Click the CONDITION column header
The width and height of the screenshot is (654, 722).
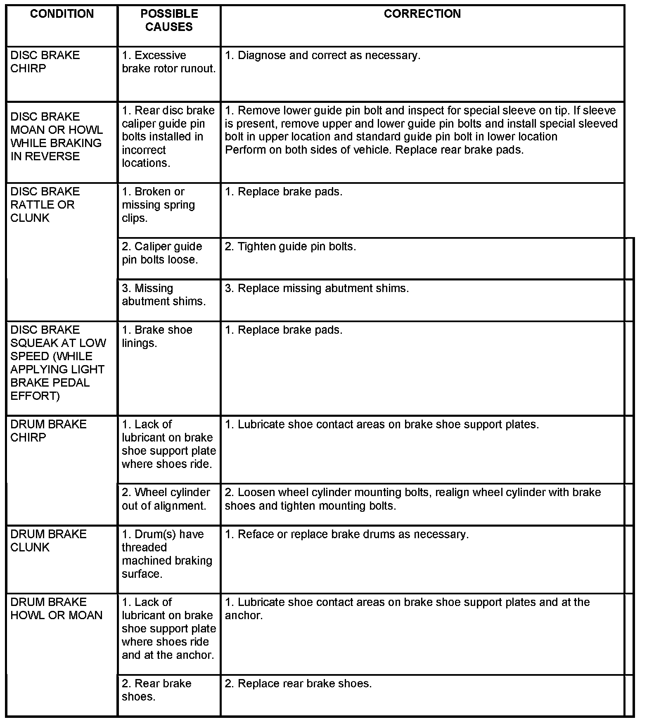coord(62,14)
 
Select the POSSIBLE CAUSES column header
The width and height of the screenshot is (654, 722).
coord(169,20)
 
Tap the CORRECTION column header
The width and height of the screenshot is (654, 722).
coord(422,14)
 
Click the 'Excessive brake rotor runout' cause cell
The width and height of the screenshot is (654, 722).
coord(168,62)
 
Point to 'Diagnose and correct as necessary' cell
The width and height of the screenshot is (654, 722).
coord(322,55)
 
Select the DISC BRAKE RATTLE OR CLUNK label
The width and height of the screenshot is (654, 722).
coord(45,204)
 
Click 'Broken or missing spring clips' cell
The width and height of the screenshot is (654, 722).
coord(158,204)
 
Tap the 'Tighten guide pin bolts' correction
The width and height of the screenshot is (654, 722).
coord(290,247)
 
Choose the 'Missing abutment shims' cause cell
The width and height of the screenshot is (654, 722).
coord(163,294)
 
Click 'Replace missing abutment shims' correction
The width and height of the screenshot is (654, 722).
coord(317,288)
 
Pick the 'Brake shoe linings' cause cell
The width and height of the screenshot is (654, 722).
coord(157,336)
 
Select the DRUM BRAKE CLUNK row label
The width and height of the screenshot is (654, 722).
coord(48,541)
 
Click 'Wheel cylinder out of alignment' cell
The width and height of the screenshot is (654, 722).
coord(166,499)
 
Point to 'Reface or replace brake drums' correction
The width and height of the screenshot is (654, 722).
coord(347,534)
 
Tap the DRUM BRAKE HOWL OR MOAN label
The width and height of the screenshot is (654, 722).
coord(56,608)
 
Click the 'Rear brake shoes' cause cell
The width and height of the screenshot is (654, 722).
coord(156,690)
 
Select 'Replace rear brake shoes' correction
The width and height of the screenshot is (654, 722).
coord(298,684)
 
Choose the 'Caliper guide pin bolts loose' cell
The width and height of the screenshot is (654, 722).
coord(162,253)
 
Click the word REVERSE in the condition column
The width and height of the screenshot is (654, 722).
coord(52,156)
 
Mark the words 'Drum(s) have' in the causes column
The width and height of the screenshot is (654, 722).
coord(163,534)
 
